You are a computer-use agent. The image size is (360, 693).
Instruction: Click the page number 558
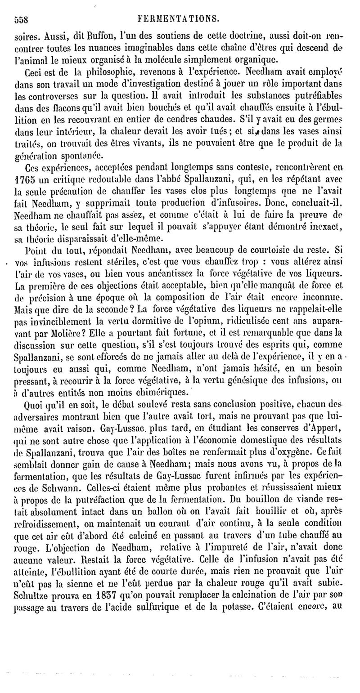tap(21, 19)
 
